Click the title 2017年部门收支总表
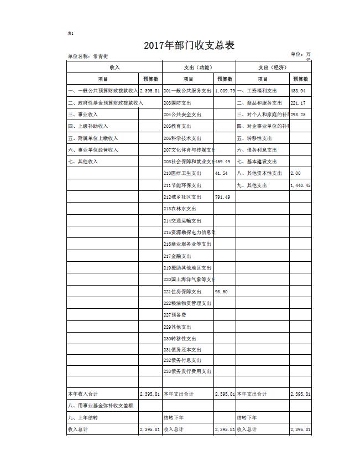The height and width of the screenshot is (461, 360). [189, 45]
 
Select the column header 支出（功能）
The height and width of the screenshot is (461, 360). [197, 67]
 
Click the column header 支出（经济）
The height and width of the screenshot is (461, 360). [273, 67]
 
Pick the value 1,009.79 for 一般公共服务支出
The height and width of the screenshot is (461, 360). [225, 91]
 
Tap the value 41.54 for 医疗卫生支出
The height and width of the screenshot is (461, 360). [221, 173]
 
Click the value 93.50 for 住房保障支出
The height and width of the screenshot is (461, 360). [221, 292]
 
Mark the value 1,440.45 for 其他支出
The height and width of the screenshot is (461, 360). [300, 185]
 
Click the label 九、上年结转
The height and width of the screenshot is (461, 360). [83, 417]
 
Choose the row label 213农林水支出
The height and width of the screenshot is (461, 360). [180, 209]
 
